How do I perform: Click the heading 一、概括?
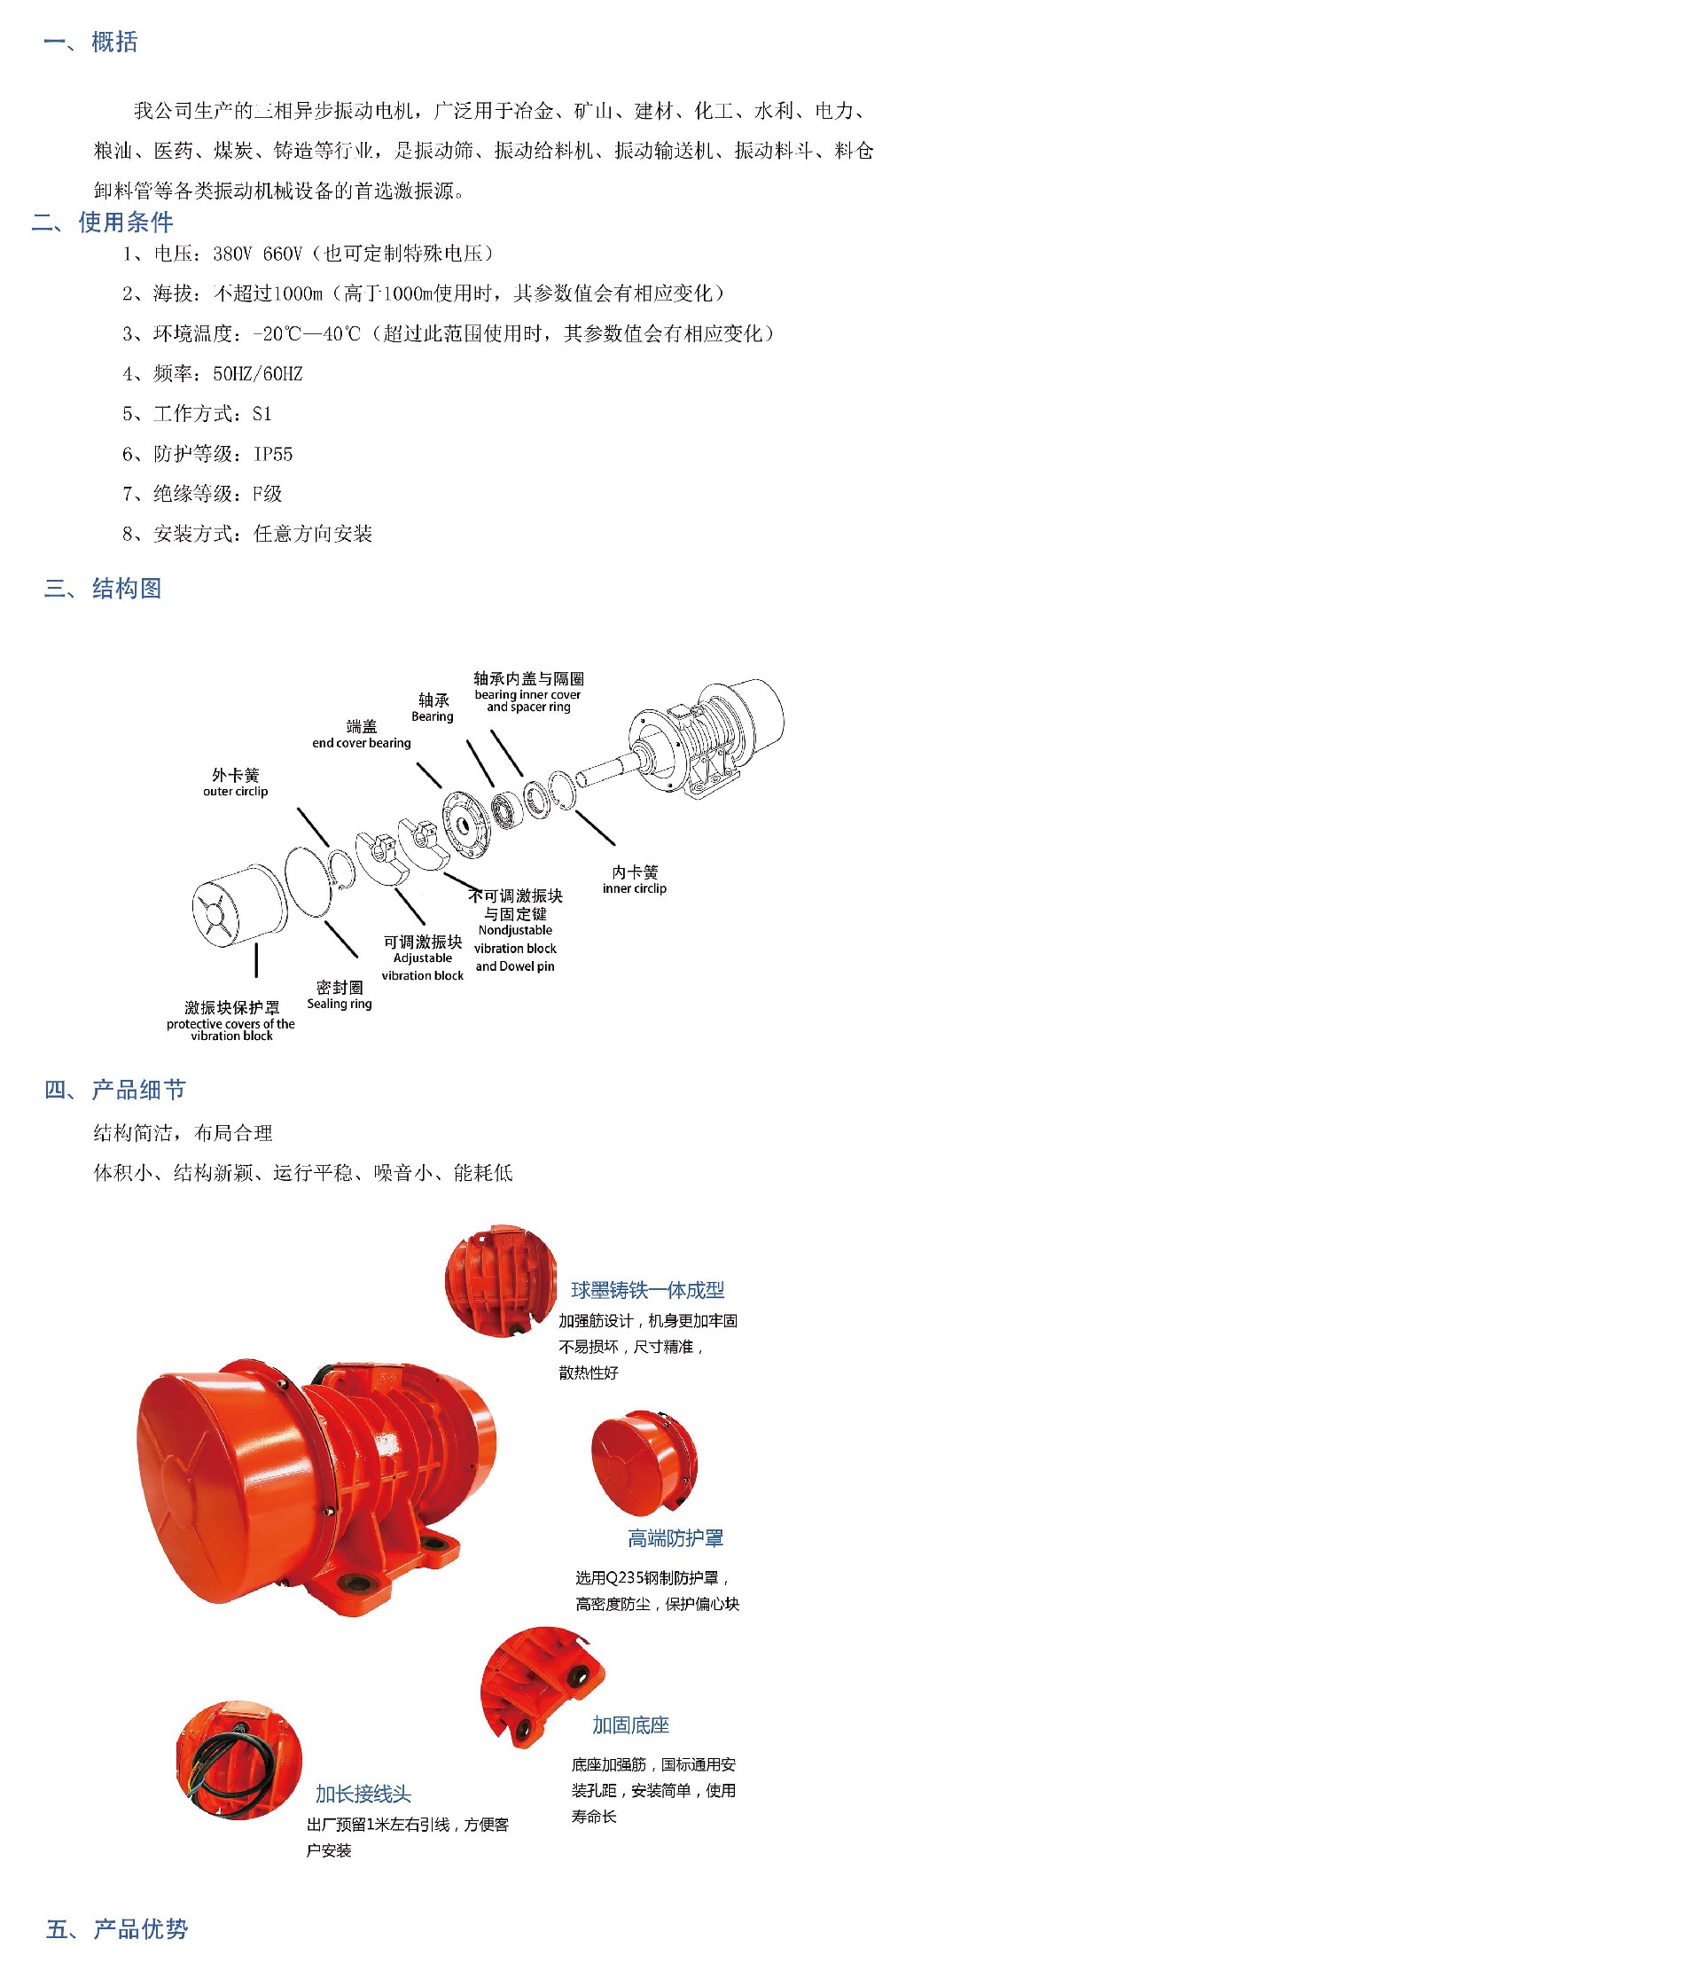[91, 43]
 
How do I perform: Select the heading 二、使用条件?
[103, 223]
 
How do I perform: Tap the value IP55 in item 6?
[273, 454]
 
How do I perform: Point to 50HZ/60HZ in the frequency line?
[258, 374]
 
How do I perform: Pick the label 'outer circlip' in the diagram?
[236, 792]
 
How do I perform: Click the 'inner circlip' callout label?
[635, 888]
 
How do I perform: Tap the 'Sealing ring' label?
[340, 1004]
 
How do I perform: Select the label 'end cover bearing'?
[362, 743]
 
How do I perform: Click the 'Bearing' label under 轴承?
[433, 716]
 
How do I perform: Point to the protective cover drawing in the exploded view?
[239, 906]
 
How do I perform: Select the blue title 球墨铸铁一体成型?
[648, 1290]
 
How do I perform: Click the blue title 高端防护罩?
[675, 1538]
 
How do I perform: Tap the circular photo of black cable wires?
[239, 1760]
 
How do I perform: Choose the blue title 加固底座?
[630, 1725]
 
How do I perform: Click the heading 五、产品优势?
[117, 1928]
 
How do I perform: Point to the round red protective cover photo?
[644, 1463]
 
